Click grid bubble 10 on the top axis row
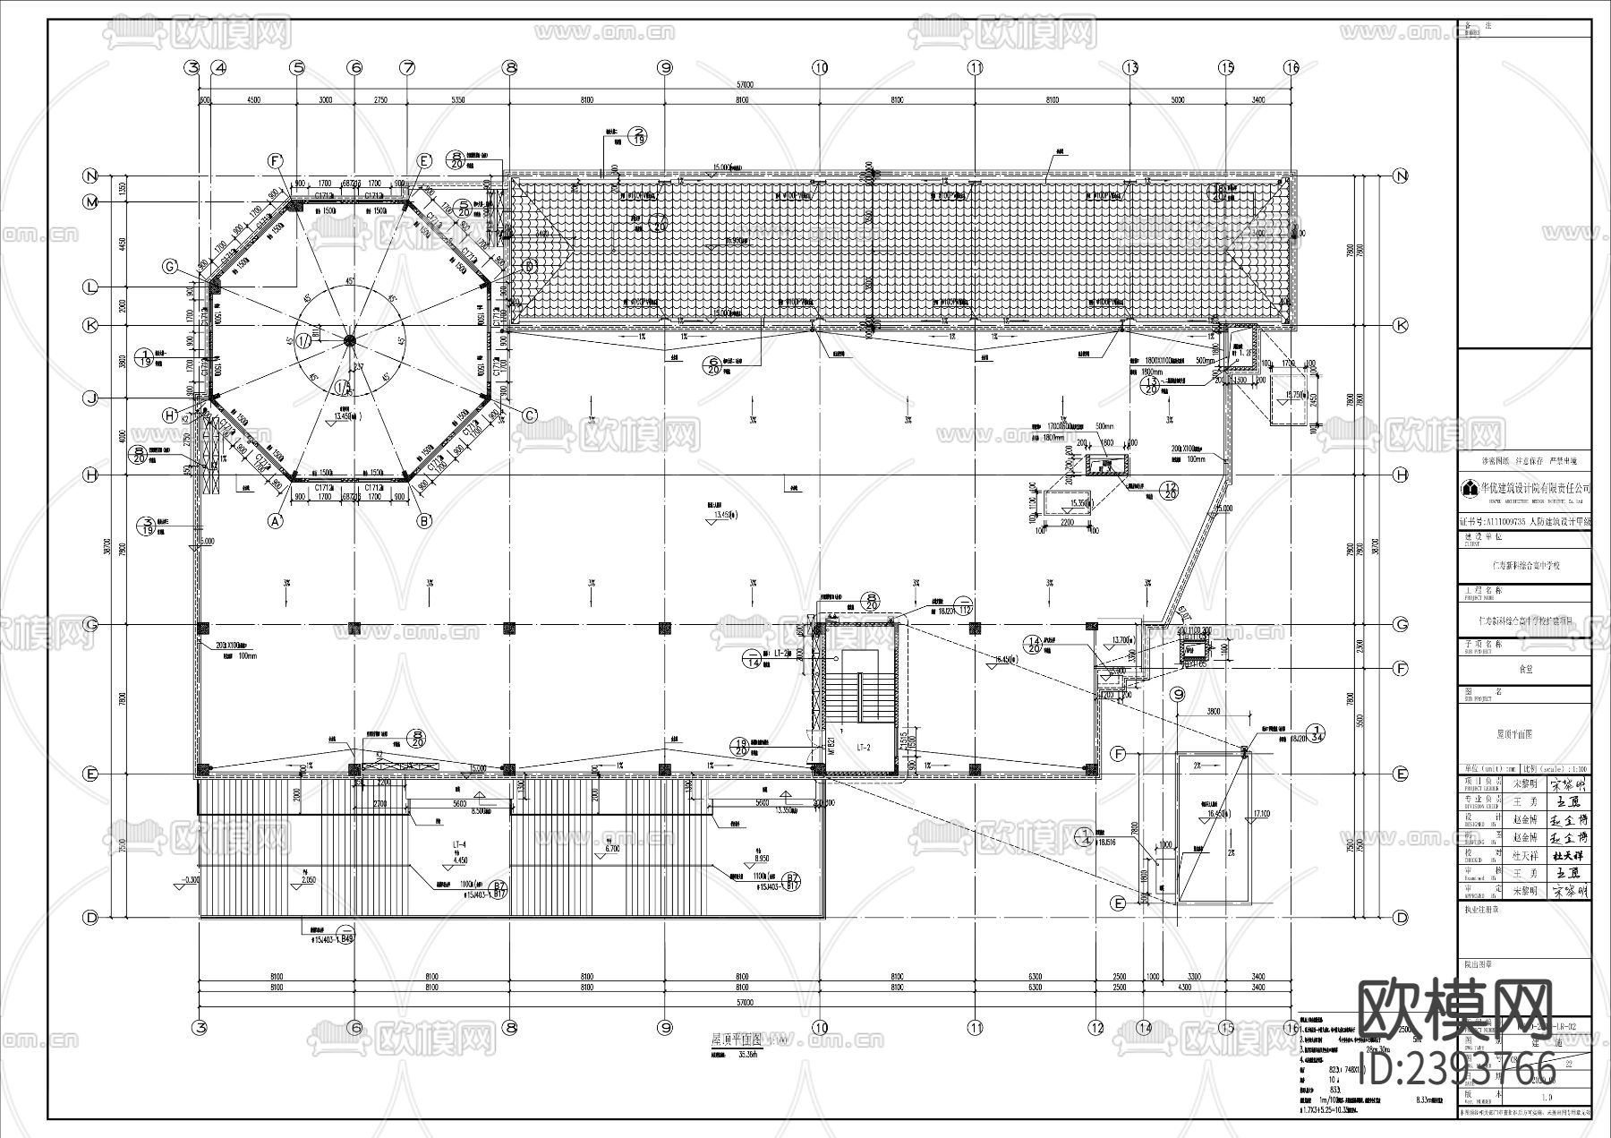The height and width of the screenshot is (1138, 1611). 820,67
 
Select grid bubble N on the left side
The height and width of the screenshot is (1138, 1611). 90,175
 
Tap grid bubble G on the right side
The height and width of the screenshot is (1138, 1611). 1401,624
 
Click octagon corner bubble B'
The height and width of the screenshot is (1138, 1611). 424,519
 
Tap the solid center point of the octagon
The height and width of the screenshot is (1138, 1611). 350,339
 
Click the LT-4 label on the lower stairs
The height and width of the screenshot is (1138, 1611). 462,844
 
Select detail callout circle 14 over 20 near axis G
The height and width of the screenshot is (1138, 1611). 1035,645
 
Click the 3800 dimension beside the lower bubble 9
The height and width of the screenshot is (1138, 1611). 1212,712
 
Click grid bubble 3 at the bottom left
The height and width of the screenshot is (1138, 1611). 202,1028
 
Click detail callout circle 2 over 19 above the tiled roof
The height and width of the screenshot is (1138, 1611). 638,134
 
